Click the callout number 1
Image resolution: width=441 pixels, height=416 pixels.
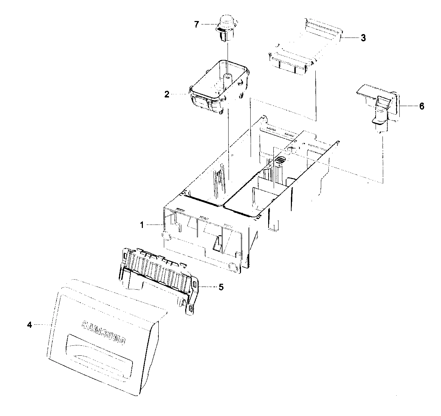(x=141, y=225)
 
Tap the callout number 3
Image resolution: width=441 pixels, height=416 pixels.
(x=363, y=38)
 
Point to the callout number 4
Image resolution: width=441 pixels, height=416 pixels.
(x=30, y=325)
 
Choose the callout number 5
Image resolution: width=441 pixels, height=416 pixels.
(x=221, y=287)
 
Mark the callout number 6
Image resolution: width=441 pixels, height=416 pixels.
(x=421, y=106)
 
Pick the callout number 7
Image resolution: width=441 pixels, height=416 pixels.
(x=197, y=25)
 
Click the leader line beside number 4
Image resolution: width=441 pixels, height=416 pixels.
(x=42, y=324)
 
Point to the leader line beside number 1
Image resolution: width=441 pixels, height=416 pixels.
(x=153, y=225)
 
